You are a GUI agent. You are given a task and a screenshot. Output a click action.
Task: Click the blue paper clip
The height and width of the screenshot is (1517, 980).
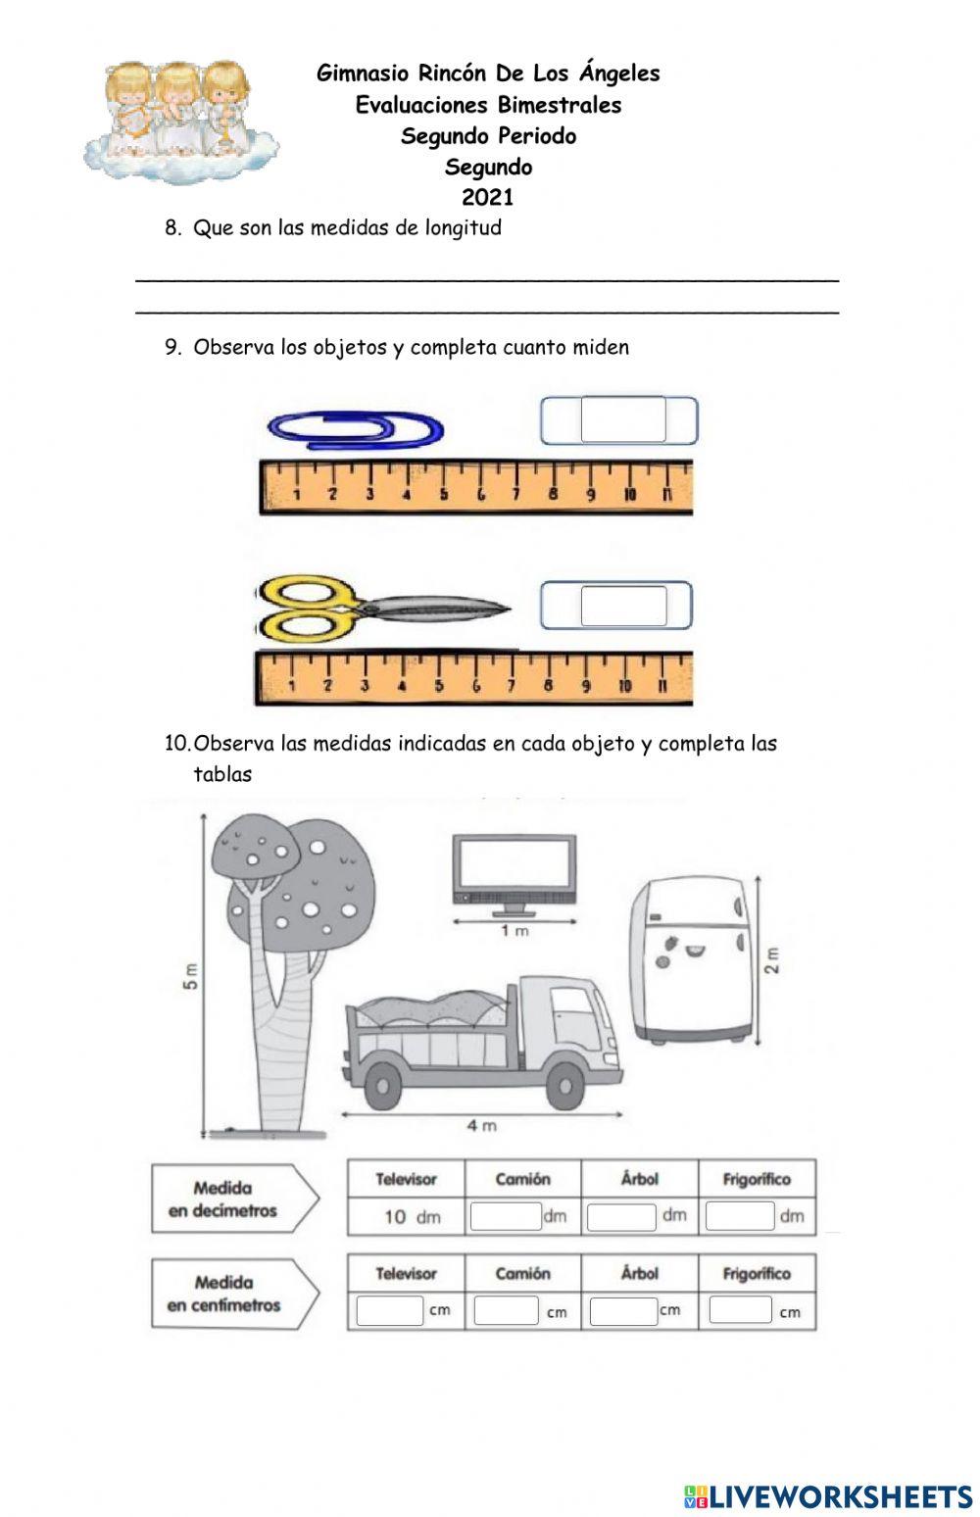point(356,429)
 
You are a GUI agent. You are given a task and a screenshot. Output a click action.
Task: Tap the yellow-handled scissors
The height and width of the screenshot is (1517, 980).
point(382,608)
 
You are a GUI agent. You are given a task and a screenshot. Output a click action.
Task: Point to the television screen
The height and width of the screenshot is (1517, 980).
point(514,865)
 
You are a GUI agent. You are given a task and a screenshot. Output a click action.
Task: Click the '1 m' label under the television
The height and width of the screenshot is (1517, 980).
point(514,931)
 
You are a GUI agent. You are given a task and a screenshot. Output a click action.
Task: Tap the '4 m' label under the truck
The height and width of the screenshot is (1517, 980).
point(481,1125)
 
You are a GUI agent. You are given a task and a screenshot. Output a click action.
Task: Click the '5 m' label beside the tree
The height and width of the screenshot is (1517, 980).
point(190,975)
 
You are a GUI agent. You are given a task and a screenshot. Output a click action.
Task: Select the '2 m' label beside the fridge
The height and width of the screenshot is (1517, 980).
point(771,959)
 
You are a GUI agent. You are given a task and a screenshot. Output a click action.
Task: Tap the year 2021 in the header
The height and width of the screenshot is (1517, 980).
point(488,197)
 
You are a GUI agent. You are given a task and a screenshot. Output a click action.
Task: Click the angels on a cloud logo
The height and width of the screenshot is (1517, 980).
point(180,121)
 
